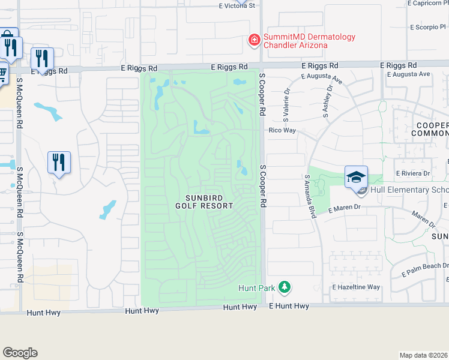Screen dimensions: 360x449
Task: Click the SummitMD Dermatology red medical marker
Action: click(255, 41)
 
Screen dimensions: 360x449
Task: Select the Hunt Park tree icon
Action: click(285, 288)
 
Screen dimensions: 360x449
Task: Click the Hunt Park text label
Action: click(256, 288)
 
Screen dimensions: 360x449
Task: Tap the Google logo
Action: click(20, 353)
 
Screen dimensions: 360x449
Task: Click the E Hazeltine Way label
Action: click(356, 287)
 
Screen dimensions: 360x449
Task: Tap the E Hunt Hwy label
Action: click(289, 306)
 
